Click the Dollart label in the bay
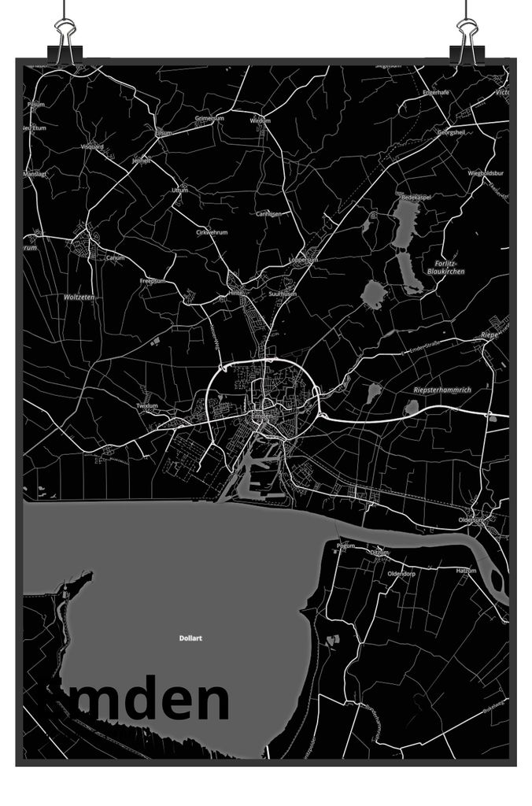pyautogui.click(x=190, y=638)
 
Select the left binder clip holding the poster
pyautogui.click(x=65, y=39)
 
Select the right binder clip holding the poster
pyautogui.click(x=467, y=39)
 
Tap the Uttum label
pyautogui.click(x=180, y=190)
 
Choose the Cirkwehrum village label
pyautogui.click(x=212, y=232)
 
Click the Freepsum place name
pyautogui.click(x=151, y=281)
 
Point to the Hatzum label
pyautogui.click(x=467, y=569)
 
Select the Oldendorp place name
pyautogui.click(x=401, y=574)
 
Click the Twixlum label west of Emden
pyautogui.click(x=147, y=406)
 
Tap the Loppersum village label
pyautogui.click(x=303, y=259)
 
